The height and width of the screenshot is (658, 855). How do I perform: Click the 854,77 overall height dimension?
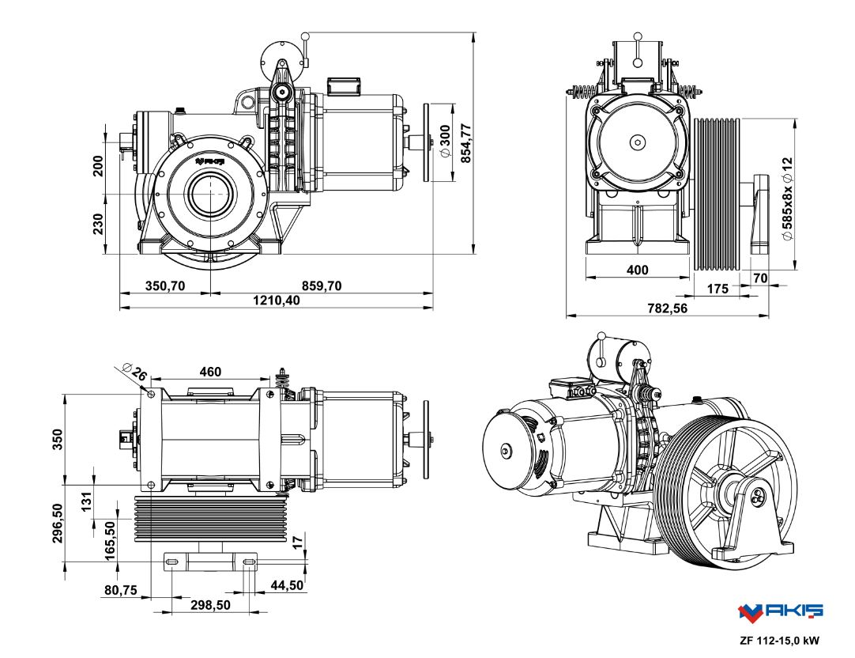coord(465,143)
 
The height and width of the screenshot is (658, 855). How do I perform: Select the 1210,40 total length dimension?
coord(276,301)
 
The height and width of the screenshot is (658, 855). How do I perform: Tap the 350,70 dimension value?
coord(165,286)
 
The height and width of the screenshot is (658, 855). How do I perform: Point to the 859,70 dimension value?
coord(322,286)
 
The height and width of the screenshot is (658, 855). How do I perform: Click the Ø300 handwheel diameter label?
coord(446,142)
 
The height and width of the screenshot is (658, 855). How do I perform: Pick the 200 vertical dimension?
coord(99,165)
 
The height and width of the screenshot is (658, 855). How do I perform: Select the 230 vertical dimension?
coord(99,224)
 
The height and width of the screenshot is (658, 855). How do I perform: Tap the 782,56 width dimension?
coord(668,308)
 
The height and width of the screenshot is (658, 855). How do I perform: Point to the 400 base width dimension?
coord(637,270)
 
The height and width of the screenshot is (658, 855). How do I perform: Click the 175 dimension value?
coord(717,289)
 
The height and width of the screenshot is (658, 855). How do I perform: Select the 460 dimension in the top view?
coord(210,372)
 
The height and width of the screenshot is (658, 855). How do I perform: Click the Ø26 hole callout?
coord(137,372)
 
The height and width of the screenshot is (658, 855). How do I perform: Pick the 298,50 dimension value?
coord(210,605)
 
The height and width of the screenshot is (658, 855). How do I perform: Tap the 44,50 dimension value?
coord(288,585)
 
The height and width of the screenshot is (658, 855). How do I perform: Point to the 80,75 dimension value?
coord(122,590)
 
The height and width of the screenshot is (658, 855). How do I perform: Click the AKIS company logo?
coord(780,611)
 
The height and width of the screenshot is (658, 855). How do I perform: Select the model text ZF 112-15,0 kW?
coord(780,641)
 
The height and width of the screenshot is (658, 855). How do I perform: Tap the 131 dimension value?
coord(87,501)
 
